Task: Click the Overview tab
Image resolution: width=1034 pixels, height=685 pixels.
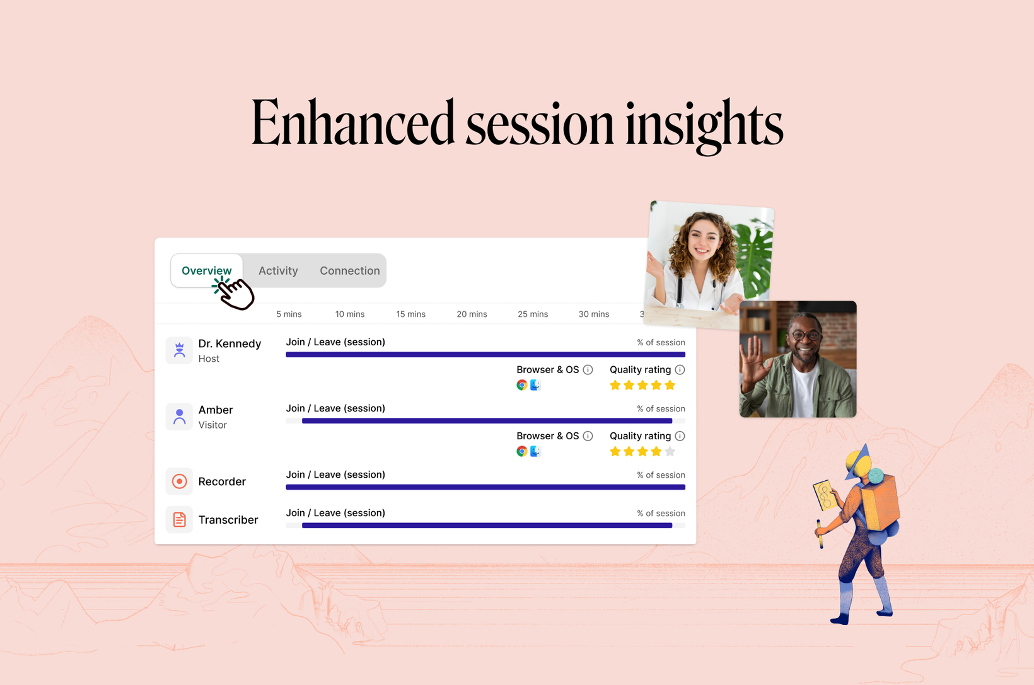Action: pyautogui.click(x=206, y=270)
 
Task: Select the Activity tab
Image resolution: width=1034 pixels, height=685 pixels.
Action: pyautogui.click(x=278, y=271)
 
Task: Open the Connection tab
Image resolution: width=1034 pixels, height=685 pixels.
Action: pyautogui.click(x=349, y=271)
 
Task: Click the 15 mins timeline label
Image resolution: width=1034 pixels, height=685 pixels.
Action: pyautogui.click(x=410, y=314)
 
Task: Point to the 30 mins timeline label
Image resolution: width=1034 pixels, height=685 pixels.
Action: pyautogui.click(x=594, y=314)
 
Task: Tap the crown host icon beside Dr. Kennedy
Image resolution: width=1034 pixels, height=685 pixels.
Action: pyautogui.click(x=179, y=350)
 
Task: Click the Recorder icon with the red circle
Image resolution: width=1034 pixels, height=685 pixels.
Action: pyautogui.click(x=179, y=481)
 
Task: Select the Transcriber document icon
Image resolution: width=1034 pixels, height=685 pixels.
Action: pyautogui.click(x=179, y=519)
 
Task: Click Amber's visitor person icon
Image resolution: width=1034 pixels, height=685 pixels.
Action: pyautogui.click(x=179, y=417)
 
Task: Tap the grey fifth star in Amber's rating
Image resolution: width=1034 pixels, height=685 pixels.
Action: pyautogui.click(x=670, y=452)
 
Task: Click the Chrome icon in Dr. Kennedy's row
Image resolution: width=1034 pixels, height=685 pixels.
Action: pyautogui.click(x=521, y=385)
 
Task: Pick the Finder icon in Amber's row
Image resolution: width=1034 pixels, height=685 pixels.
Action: pyautogui.click(x=535, y=451)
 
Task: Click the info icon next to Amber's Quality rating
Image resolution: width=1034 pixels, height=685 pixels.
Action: pyautogui.click(x=680, y=436)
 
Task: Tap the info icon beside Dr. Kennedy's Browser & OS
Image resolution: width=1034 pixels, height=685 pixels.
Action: pyautogui.click(x=588, y=369)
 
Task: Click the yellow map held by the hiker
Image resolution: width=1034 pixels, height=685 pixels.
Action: pyautogui.click(x=825, y=495)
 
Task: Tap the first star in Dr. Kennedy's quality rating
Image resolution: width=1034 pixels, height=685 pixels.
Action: pyautogui.click(x=615, y=385)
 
